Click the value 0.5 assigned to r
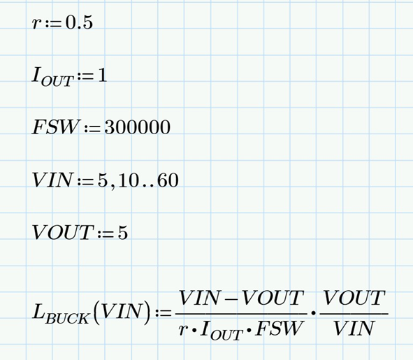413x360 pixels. (x=79, y=22)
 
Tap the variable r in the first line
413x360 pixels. (x=36, y=24)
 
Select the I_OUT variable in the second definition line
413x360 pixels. (x=52, y=77)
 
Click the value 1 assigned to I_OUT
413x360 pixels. (x=102, y=75)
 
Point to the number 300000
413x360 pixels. (x=138, y=127)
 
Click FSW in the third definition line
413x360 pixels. (x=56, y=127)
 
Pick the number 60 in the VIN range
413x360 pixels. (x=168, y=180)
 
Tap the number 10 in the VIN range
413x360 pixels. (x=129, y=180)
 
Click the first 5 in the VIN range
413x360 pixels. (x=103, y=180)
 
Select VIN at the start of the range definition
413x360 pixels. (x=52, y=180)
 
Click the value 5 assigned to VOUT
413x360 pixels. (x=123, y=233)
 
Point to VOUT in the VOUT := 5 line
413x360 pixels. (x=62, y=233)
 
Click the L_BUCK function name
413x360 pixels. (x=61, y=314)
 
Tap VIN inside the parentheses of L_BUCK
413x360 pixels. (x=122, y=313)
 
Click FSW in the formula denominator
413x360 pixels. (x=278, y=329)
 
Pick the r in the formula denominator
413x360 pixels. (x=182, y=330)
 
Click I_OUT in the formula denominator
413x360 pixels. (x=221, y=331)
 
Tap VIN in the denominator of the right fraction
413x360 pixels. (x=354, y=329)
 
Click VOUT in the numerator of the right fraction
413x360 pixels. (x=354, y=298)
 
